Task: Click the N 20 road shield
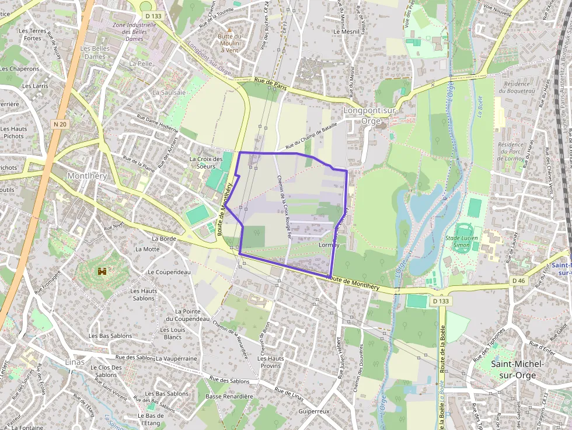(60, 124)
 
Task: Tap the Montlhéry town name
(88, 176)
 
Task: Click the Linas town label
(75, 362)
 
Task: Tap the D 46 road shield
(519, 281)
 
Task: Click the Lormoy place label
(330, 245)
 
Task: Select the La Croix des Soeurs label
(206, 162)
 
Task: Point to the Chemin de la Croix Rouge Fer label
(284, 207)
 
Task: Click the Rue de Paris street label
(272, 83)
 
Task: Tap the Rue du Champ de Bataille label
(312, 138)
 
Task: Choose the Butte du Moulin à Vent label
(229, 43)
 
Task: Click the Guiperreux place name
(314, 411)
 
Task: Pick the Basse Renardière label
(229, 396)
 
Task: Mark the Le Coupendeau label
(169, 272)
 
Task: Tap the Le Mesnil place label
(350, 32)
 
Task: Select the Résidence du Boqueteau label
(514, 87)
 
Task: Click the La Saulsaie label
(169, 92)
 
